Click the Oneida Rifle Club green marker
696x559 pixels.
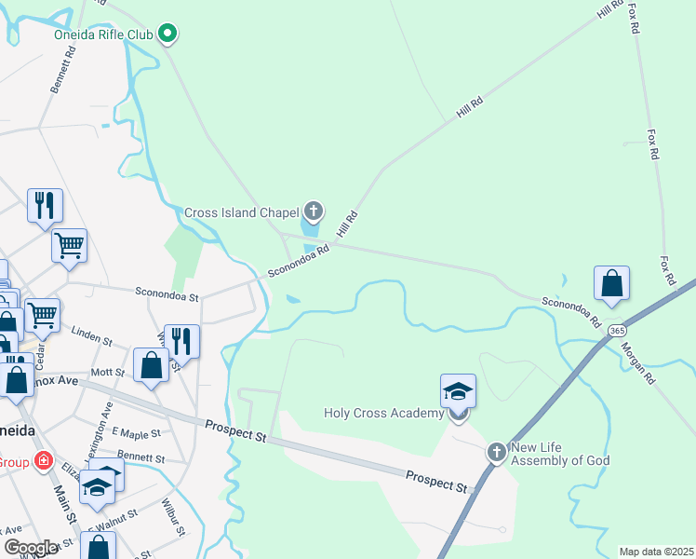pyautogui.click(x=167, y=35)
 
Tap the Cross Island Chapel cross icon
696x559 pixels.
pyautogui.click(x=313, y=211)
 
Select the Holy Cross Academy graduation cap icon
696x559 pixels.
pyautogui.click(x=458, y=390)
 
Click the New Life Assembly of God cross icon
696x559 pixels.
pyautogui.click(x=497, y=453)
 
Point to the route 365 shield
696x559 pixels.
pyautogui.click(x=617, y=331)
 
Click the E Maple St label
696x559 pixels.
pyautogui.click(x=131, y=432)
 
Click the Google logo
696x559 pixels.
pyautogui.click(x=31, y=548)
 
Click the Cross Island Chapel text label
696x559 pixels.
pyautogui.click(x=240, y=212)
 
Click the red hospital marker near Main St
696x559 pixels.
pyautogui.click(x=43, y=460)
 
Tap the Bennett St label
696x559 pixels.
pyautogui.click(x=142, y=458)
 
